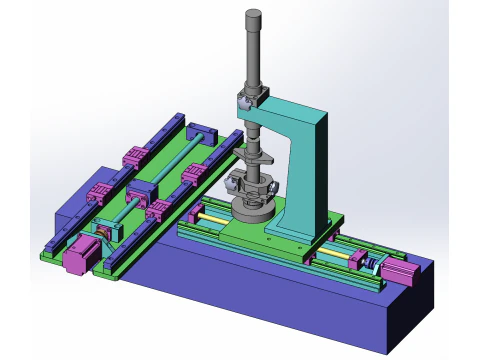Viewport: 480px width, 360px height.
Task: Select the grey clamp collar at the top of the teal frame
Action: (249, 100)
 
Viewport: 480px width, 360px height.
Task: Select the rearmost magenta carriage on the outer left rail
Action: (134, 156)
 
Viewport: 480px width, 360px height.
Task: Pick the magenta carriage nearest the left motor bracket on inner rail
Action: (158, 210)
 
